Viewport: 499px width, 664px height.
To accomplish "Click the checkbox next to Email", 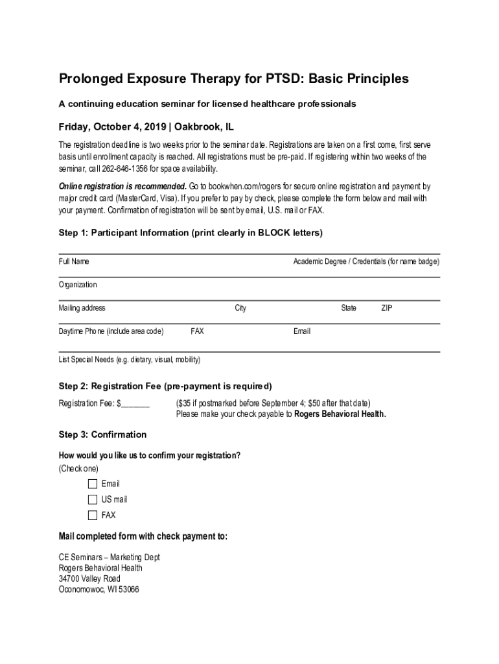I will [x=92, y=484].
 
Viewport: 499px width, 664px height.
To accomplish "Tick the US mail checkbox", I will [x=92, y=499].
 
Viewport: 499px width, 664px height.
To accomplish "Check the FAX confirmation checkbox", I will [x=92, y=516].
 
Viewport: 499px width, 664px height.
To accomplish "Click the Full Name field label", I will [x=74, y=261].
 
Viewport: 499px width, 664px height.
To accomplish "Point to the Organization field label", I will [x=78, y=285].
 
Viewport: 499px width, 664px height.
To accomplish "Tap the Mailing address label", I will [x=82, y=308].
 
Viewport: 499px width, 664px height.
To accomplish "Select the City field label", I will [x=240, y=308].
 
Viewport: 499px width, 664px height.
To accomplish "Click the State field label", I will [x=349, y=308].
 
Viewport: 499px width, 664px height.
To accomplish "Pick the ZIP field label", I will [x=386, y=308].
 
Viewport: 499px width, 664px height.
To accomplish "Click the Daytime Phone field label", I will [x=111, y=331].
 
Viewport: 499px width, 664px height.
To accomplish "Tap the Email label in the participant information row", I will [x=302, y=331].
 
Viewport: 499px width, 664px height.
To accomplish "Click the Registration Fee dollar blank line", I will [x=135, y=403].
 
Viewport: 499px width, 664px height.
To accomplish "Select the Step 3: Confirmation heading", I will [x=102, y=434].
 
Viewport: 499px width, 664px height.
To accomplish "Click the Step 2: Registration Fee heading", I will [x=165, y=386].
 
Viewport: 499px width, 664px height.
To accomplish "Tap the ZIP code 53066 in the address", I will [x=128, y=590].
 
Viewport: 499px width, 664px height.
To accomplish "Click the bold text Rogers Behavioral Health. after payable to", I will [x=340, y=414].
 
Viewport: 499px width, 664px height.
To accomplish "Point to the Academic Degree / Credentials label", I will [x=366, y=261].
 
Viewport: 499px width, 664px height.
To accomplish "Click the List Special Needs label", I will [x=130, y=359].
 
